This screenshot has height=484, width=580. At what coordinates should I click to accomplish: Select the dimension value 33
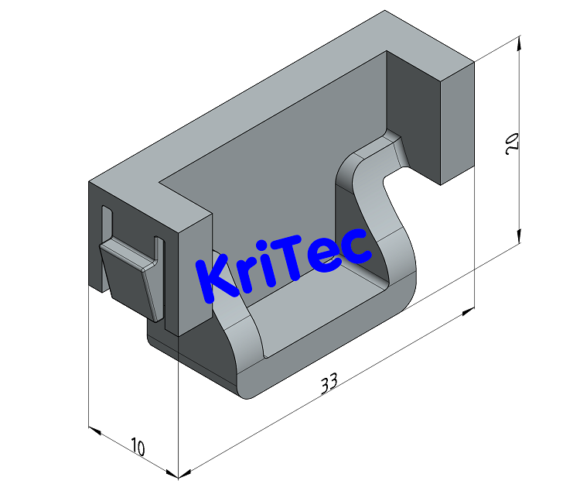click(329, 383)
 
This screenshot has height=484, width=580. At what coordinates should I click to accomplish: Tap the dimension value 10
click(138, 447)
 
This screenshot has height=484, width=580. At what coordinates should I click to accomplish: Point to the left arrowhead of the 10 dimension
click(95, 429)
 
